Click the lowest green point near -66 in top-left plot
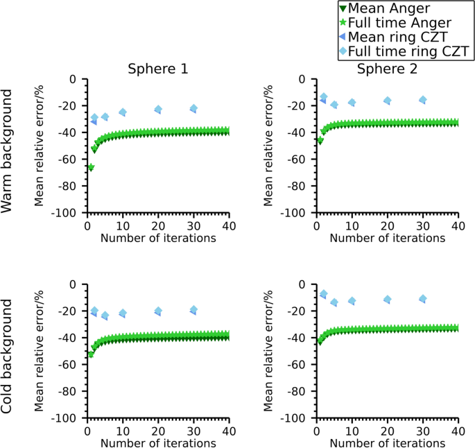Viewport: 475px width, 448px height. [91, 167]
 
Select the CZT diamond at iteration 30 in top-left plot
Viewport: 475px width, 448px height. [193, 108]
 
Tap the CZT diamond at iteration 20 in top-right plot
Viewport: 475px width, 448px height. [388, 101]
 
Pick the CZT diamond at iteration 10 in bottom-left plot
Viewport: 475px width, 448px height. [123, 313]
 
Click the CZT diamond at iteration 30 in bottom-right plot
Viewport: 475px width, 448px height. [423, 299]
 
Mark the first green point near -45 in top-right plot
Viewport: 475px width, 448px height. [320, 140]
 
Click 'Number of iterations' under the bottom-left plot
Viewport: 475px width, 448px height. [157, 443]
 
